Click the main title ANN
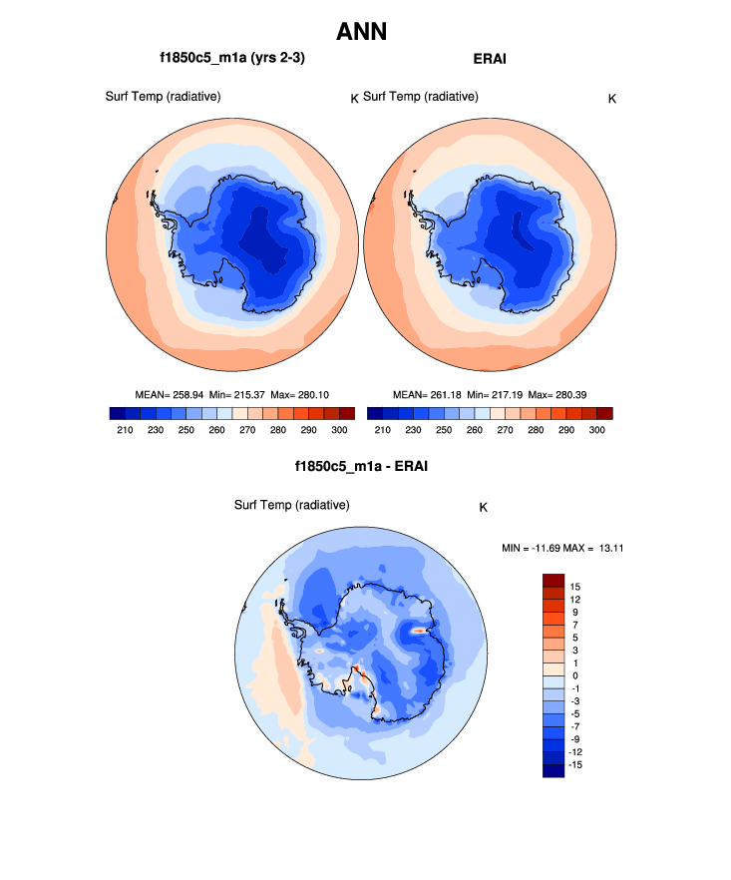(361, 32)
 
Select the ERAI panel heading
(490, 59)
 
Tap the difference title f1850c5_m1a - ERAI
(361, 466)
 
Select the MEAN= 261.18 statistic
(423, 394)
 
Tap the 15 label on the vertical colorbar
(576, 586)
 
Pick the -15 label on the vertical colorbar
(577, 764)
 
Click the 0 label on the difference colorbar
(573, 675)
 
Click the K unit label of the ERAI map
(612, 98)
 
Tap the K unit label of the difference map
(483, 507)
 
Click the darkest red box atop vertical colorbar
(553, 580)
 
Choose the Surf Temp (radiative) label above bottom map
(291, 505)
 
